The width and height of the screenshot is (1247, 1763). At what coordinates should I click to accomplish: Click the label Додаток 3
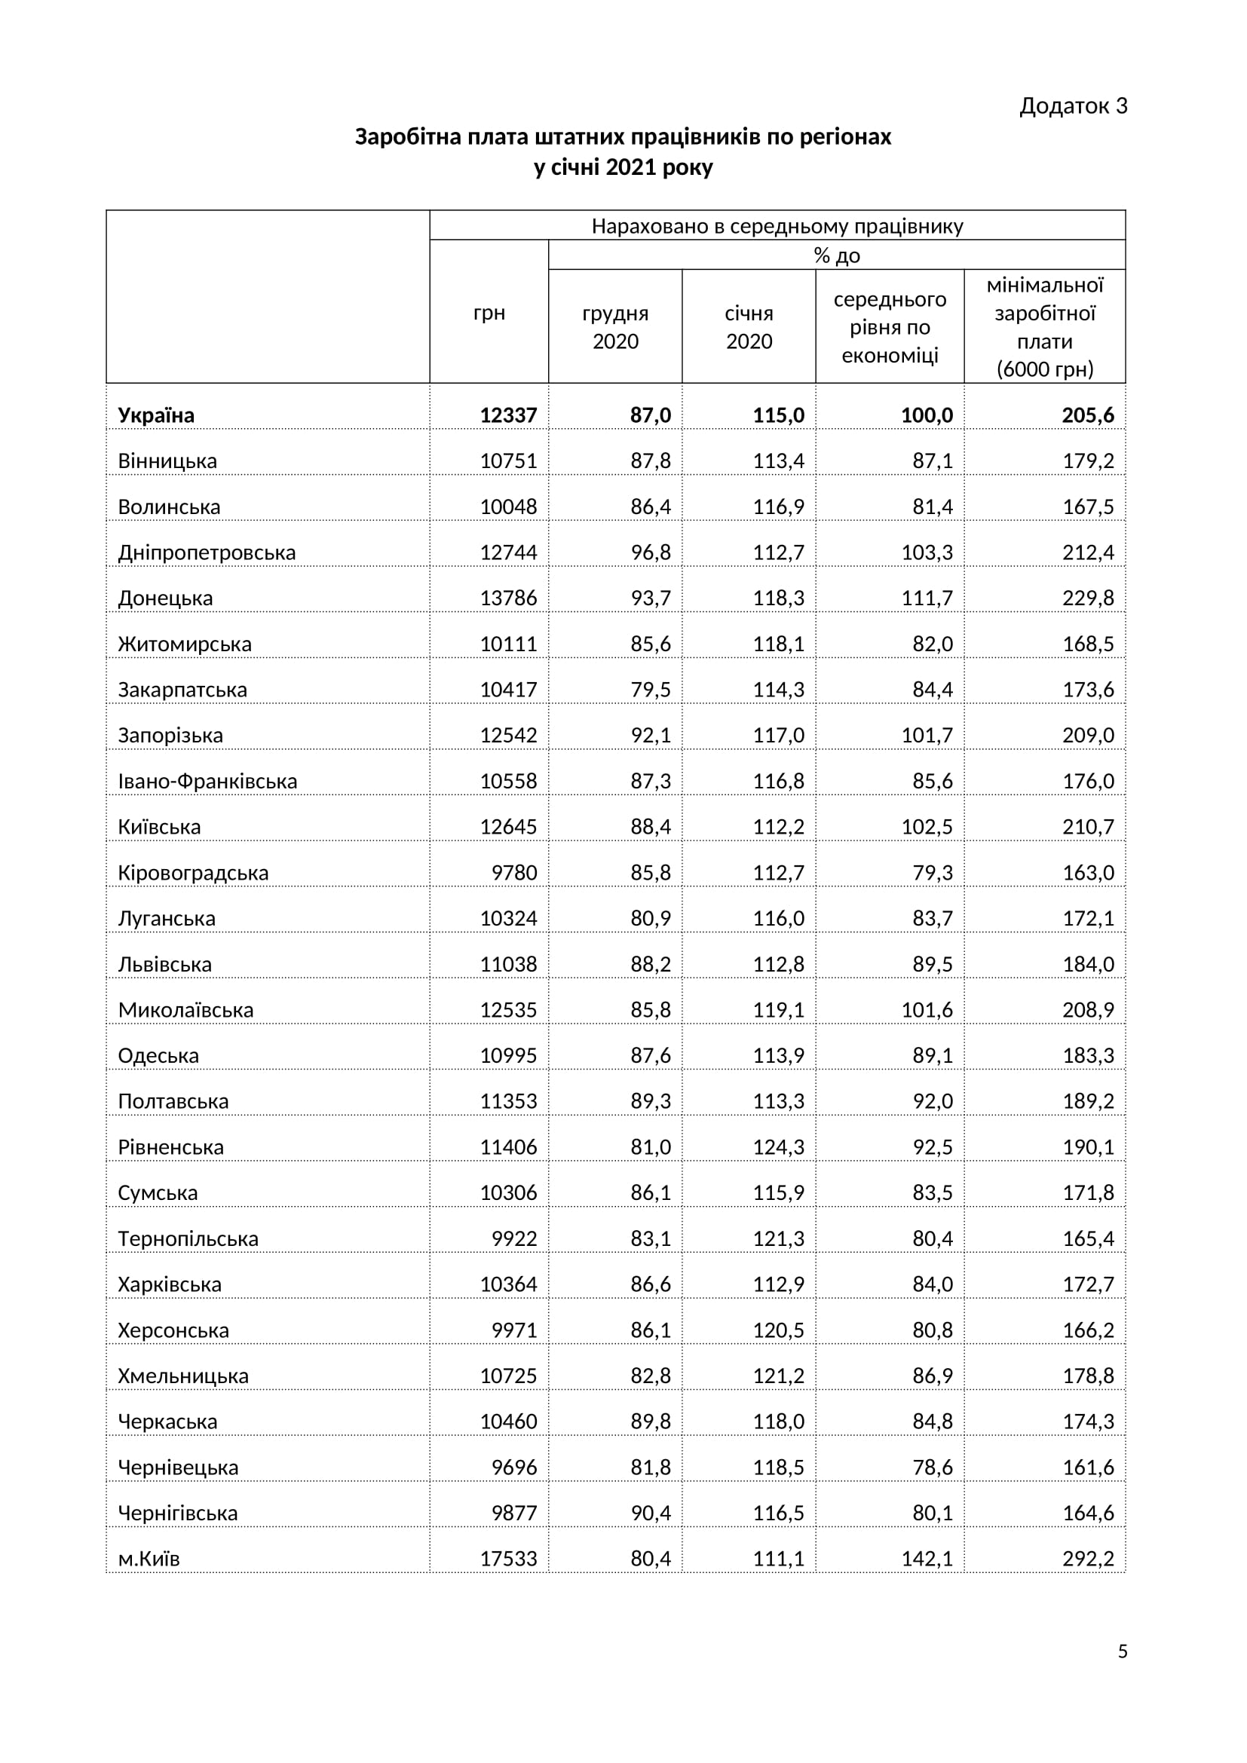pyautogui.click(x=1073, y=106)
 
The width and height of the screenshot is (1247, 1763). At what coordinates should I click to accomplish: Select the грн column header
pyautogui.click(x=489, y=314)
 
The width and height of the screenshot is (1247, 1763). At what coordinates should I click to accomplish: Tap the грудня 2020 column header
pyautogui.click(x=615, y=327)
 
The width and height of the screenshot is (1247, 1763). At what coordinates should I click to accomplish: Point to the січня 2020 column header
pyautogui.click(x=749, y=327)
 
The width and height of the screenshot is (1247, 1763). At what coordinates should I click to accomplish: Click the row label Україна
pyautogui.click(x=156, y=415)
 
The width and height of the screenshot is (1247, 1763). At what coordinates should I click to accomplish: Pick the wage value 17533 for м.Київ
pyautogui.click(x=508, y=1559)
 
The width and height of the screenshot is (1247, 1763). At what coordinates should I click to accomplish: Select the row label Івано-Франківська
pyautogui.click(x=207, y=781)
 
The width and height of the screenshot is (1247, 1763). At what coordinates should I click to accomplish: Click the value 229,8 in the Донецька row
pyautogui.click(x=1087, y=598)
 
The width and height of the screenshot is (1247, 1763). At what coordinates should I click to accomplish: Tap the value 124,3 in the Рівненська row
pyautogui.click(x=778, y=1147)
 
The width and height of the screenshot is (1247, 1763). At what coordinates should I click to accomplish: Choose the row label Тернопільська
pyautogui.click(x=188, y=1238)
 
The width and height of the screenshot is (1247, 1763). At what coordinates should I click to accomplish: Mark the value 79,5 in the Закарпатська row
pyautogui.click(x=651, y=690)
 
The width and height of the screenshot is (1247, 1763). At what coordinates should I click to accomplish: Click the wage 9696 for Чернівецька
pyautogui.click(x=513, y=1468)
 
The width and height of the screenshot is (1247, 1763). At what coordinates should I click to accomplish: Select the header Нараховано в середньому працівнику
pyautogui.click(x=777, y=227)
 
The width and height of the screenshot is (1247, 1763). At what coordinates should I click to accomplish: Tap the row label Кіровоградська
pyautogui.click(x=193, y=873)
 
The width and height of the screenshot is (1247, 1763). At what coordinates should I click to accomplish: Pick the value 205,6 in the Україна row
pyautogui.click(x=1087, y=415)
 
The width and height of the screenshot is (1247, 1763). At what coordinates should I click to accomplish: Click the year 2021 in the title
pyautogui.click(x=630, y=167)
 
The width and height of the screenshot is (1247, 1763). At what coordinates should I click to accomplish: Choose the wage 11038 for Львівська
pyautogui.click(x=508, y=965)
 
